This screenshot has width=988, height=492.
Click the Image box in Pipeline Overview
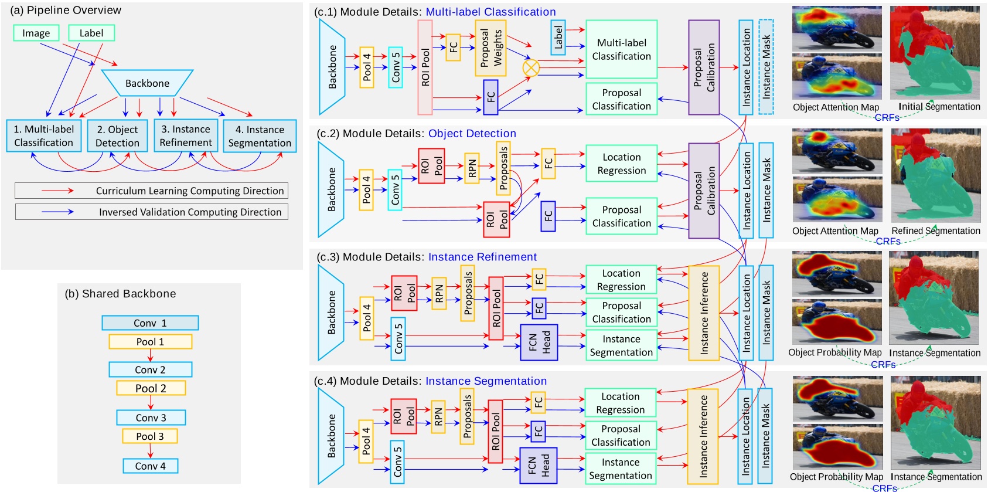tap(36, 33)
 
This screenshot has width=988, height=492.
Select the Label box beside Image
tap(91, 33)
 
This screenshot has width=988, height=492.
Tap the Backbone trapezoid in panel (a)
tap(147, 83)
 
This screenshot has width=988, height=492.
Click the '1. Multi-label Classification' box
tap(44, 136)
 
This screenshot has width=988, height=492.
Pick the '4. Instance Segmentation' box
tap(260, 136)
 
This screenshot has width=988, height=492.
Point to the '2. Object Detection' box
tap(117, 136)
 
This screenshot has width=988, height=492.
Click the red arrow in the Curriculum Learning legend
tap(57, 191)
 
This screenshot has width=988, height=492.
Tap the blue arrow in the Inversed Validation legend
tap(57, 212)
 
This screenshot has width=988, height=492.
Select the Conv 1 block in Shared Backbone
tap(150, 323)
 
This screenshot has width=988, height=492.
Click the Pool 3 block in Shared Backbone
tap(150, 436)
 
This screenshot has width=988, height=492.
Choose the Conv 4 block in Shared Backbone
tap(150, 466)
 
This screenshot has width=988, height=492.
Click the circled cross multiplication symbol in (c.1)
tap(531, 67)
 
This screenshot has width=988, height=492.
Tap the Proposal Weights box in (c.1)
tap(490, 48)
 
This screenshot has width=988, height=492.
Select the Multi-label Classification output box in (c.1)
tap(621, 50)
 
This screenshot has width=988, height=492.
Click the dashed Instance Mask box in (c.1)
tap(766, 66)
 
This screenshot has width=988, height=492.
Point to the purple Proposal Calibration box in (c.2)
tap(704, 191)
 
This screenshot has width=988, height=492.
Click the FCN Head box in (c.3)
tap(539, 342)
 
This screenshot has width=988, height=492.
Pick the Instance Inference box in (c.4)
tap(703, 436)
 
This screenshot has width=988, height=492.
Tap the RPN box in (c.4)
tap(438, 417)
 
